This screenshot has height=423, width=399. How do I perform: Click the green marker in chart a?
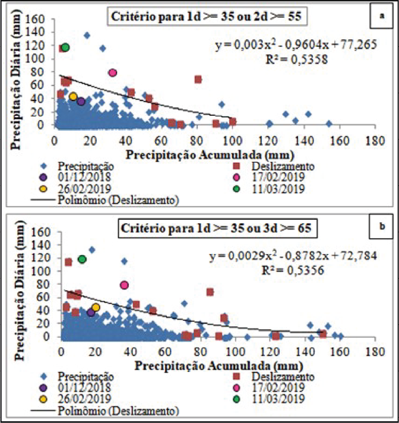[65, 47]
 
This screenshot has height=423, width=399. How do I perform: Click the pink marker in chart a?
[112, 73]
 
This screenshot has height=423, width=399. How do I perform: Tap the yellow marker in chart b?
[96, 308]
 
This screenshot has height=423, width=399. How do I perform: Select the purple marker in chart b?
[91, 312]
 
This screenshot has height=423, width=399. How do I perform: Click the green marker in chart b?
[82, 259]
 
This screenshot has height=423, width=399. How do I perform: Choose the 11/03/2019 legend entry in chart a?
[279, 189]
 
